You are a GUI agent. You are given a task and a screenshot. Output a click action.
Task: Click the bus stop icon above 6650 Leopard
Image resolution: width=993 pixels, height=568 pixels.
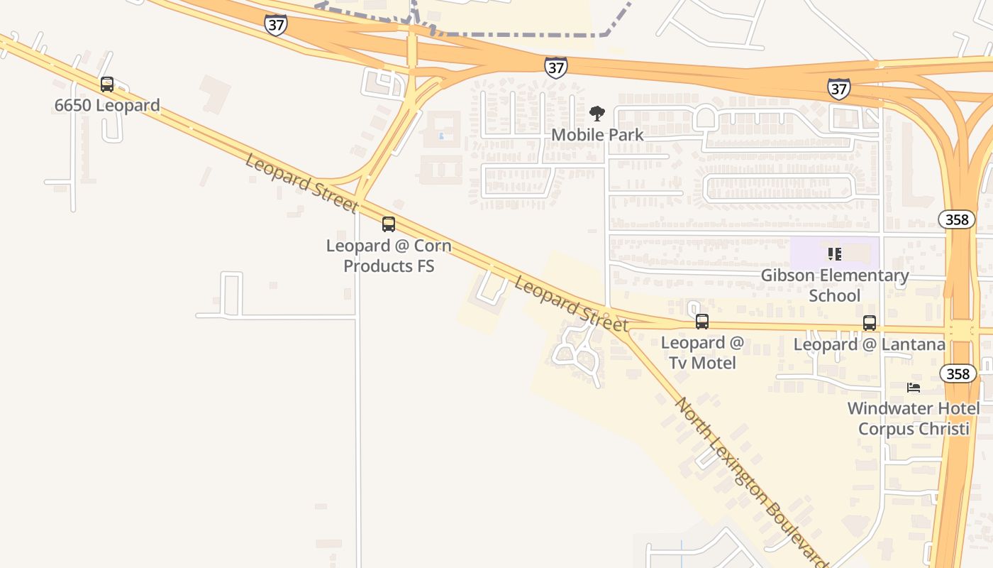(x=107, y=84)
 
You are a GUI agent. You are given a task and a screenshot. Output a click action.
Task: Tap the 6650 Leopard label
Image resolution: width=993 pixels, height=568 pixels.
(x=107, y=106)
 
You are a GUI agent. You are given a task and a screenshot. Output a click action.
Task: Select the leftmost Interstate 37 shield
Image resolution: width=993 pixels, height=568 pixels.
(x=276, y=25)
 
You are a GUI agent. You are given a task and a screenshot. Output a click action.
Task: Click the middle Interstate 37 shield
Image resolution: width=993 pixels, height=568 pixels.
(x=556, y=67)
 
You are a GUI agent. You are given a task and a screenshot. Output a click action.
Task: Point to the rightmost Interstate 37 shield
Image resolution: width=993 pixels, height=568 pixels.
(x=838, y=89)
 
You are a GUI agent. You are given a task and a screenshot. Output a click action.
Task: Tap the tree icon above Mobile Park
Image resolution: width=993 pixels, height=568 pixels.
(x=597, y=114)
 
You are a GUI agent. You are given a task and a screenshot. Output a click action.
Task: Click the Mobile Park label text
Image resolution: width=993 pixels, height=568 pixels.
(x=597, y=134)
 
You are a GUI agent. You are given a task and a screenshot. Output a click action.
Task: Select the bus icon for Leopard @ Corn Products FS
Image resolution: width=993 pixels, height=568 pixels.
(x=389, y=224)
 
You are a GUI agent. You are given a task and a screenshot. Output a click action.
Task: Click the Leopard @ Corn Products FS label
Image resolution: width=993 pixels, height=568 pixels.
(x=389, y=256)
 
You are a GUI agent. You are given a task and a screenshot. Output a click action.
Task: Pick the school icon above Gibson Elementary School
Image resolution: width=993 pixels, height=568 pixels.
(x=835, y=253)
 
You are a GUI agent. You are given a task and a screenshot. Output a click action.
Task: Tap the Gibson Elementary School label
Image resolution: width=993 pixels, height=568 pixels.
(x=835, y=285)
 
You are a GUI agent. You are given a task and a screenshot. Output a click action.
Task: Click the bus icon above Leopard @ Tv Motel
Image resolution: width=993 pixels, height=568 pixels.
(x=702, y=322)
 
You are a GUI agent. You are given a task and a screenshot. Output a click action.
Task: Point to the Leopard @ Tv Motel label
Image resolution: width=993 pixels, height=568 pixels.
(x=702, y=352)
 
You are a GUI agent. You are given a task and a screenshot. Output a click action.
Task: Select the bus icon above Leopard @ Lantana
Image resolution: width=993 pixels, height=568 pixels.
(x=870, y=323)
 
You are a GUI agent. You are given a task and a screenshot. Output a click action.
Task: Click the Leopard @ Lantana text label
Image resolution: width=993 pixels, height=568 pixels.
(x=869, y=344)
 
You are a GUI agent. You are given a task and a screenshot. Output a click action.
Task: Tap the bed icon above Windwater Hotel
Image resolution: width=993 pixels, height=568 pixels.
(x=914, y=388)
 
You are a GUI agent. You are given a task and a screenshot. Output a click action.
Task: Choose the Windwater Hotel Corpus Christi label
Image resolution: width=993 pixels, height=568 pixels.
(x=914, y=418)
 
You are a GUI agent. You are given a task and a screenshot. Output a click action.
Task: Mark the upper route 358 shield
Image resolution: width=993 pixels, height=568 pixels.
(x=957, y=219)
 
